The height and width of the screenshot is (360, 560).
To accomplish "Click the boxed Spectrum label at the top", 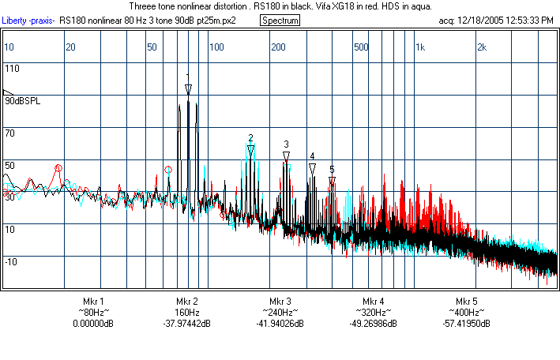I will [280, 20].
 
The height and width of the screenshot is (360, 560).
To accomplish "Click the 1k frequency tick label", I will [420, 47].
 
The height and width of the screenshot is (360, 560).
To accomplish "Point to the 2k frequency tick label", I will [482, 47].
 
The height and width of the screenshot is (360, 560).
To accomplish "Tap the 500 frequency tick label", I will [361, 47].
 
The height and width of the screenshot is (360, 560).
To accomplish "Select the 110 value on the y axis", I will [12, 69].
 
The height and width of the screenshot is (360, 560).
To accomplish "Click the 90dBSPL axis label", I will [22, 101].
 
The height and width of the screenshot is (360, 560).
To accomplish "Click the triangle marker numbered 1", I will [188, 90].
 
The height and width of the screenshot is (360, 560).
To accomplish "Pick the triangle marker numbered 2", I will [250, 149].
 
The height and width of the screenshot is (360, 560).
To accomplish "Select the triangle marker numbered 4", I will [312, 168].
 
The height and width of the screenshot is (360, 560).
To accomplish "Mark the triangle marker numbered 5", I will [332, 182].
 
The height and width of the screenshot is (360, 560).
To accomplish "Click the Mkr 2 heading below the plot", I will [186, 302].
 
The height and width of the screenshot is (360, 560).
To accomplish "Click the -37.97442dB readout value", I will [186, 324].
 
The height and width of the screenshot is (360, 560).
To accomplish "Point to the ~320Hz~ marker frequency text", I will [374, 313].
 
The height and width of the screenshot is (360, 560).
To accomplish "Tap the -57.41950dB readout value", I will [467, 324].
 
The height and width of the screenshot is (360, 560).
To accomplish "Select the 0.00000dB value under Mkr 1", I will [93, 324].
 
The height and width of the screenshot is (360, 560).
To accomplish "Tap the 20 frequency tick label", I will [70, 47].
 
